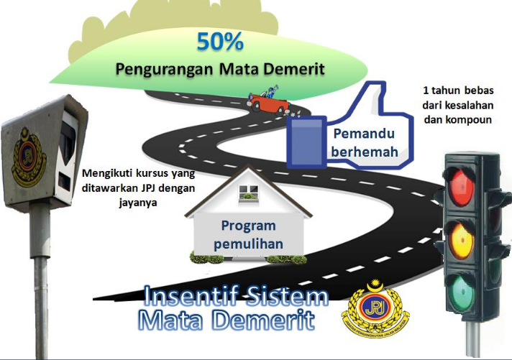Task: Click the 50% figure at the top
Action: pyautogui.click(x=220, y=41)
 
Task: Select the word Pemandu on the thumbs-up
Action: pyautogui.click(x=359, y=134)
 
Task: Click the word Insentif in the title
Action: pyautogui.click(x=180, y=297)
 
